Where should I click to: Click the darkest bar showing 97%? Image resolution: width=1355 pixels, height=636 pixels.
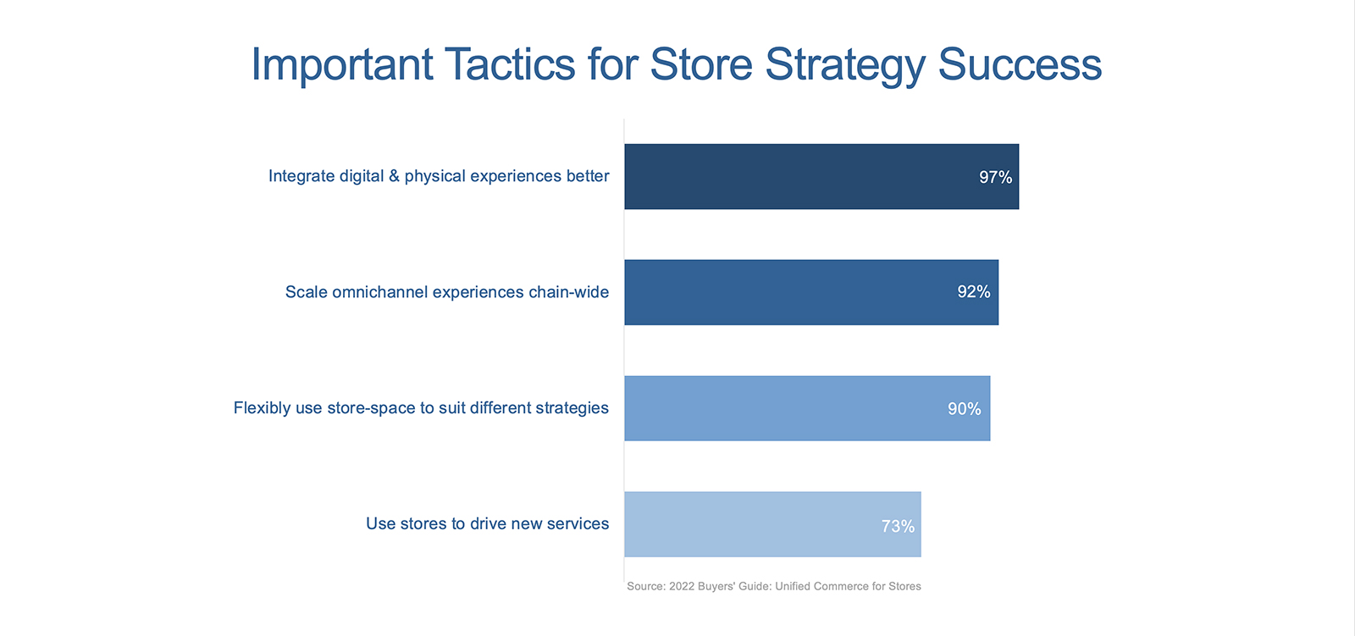(x=821, y=177)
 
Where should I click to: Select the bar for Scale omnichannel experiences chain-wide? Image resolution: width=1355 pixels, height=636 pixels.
(x=811, y=292)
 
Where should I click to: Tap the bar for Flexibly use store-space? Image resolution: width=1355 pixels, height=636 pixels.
(x=808, y=408)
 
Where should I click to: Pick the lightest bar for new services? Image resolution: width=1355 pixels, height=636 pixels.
(x=772, y=524)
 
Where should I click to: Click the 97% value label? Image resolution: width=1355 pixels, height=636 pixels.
(x=996, y=177)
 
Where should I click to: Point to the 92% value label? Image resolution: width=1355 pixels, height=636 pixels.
(x=974, y=292)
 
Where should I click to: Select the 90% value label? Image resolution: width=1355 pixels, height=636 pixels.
(x=965, y=409)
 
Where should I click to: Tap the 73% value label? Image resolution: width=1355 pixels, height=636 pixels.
(x=898, y=527)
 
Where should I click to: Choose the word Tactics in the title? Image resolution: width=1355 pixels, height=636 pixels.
(x=510, y=64)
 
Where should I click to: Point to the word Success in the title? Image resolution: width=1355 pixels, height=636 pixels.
(x=1020, y=64)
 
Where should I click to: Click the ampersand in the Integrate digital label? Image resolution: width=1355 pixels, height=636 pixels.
(x=394, y=176)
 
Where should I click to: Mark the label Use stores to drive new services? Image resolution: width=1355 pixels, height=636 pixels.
(x=488, y=524)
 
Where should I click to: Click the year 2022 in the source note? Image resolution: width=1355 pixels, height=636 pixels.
(x=682, y=586)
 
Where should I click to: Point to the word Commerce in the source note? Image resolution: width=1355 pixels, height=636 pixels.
(x=839, y=586)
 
